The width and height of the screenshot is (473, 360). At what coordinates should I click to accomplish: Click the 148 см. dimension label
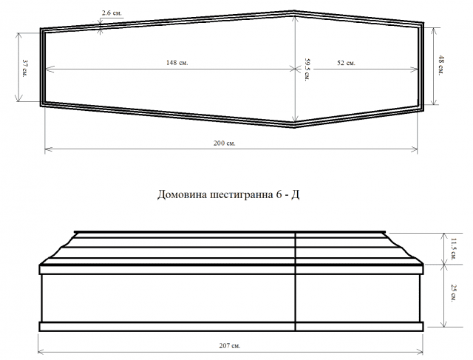[x=177, y=63]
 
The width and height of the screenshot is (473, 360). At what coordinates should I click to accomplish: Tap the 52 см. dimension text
[x=346, y=63]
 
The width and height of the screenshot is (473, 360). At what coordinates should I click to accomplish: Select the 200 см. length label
[x=225, y=143]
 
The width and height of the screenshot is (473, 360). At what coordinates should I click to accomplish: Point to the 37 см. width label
[x=25, y=68]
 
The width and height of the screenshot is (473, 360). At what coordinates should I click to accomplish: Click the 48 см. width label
[x=441, y=66]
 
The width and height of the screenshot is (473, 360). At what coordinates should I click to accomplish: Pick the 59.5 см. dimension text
[x=307, y=69]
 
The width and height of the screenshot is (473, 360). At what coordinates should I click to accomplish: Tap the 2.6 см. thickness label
[x=112, y=13]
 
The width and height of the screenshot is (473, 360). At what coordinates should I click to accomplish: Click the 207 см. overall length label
[x=230, y=345]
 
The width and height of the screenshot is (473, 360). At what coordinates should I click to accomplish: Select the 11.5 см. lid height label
[x=453, y=248]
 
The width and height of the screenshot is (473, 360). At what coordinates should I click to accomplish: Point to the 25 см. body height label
[x=453, y=293]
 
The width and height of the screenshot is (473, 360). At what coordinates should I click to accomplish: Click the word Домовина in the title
[x=183, y=195]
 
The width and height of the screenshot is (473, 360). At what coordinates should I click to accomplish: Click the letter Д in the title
[x=295, y=195]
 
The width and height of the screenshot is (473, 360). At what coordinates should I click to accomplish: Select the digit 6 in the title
[x=278, y=195]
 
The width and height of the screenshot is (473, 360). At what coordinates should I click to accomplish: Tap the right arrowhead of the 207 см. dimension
[x=419, y=352]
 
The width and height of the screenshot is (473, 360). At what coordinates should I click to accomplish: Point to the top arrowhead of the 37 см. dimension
[x=19, y=36]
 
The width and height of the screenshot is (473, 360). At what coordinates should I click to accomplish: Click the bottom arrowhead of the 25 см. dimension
[x=443, y=323]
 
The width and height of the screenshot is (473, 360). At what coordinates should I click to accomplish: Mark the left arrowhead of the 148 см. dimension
[x=50, y=69]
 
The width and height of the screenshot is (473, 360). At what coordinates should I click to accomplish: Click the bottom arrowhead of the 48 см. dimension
[x=434, y=101]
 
